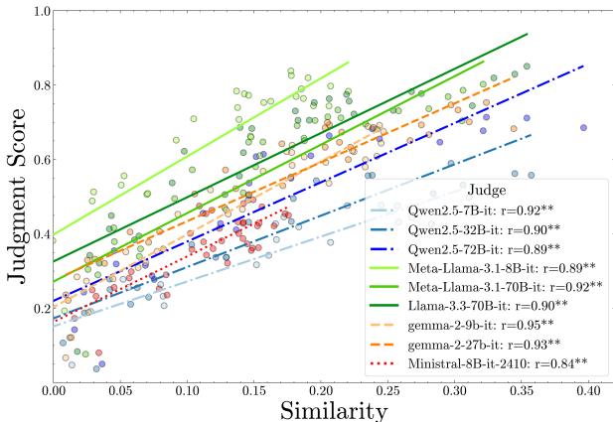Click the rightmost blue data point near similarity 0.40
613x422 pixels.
click(583, 127)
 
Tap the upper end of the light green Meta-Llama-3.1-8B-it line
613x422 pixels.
click(349, 62)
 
